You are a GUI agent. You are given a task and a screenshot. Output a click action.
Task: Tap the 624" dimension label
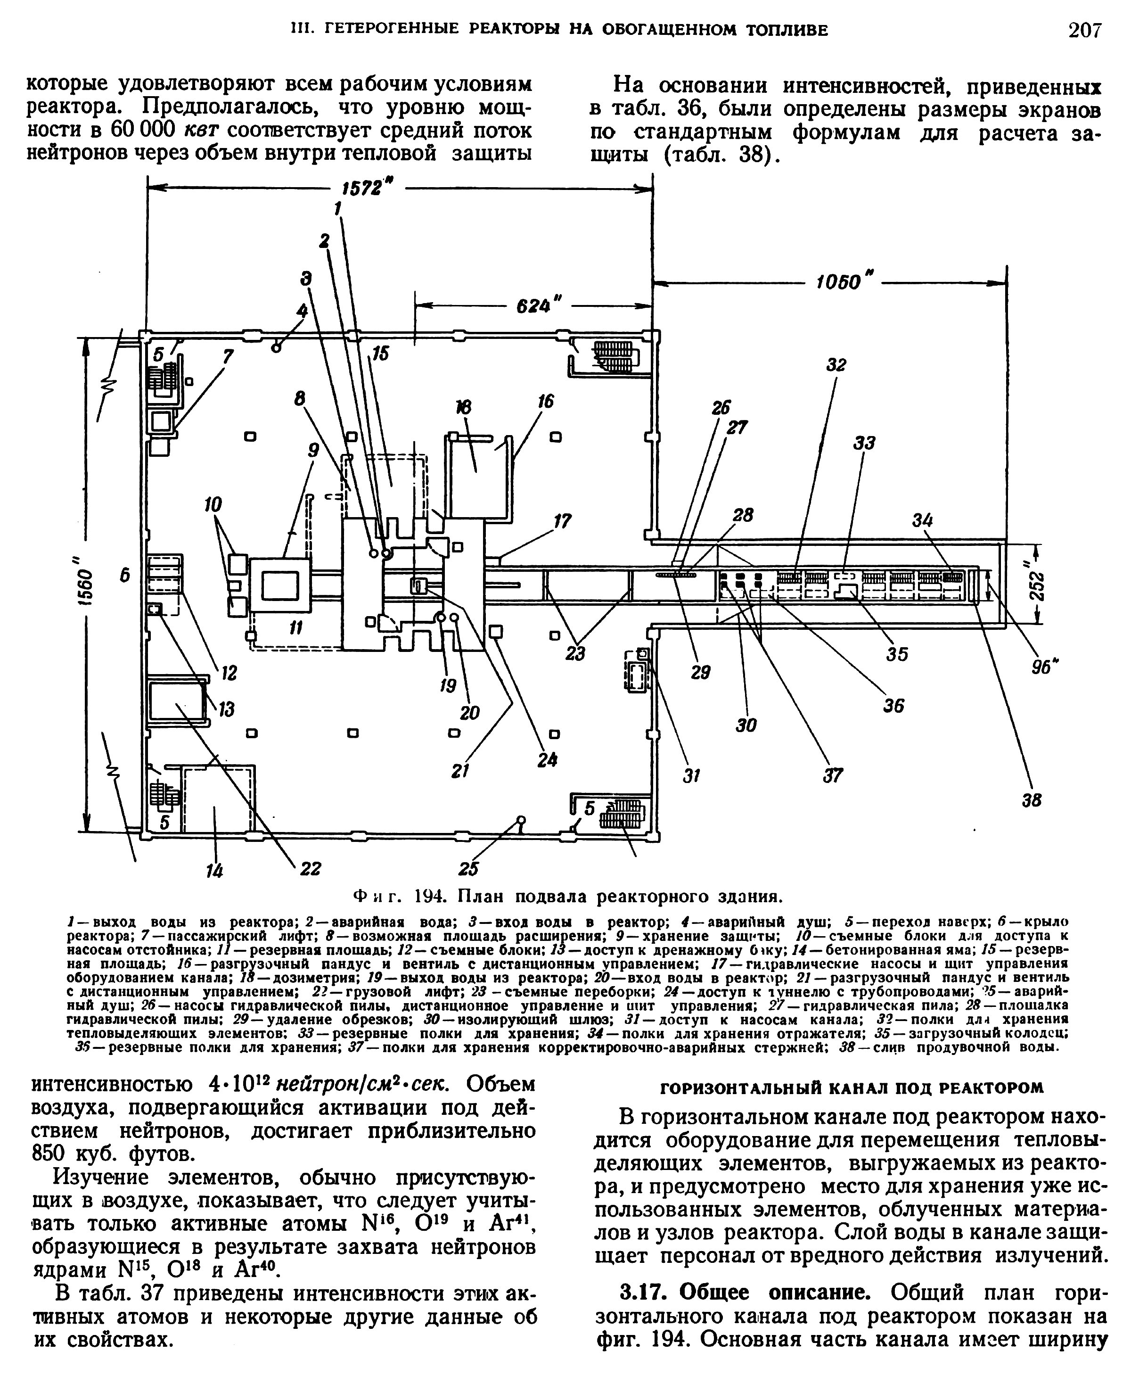click(x=541, y=305)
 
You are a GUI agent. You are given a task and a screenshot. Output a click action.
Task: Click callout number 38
click(x=1031, y=800)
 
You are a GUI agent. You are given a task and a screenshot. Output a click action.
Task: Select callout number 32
click(x=836, y=365)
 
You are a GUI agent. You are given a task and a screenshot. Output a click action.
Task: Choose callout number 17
click(x=562, y=521)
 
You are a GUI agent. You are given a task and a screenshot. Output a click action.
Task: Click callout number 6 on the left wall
click(x=125, y=575)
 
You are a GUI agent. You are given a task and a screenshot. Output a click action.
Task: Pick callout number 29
click(x=700, y=673)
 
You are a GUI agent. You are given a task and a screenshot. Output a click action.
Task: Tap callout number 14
click(x=214, y=871)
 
